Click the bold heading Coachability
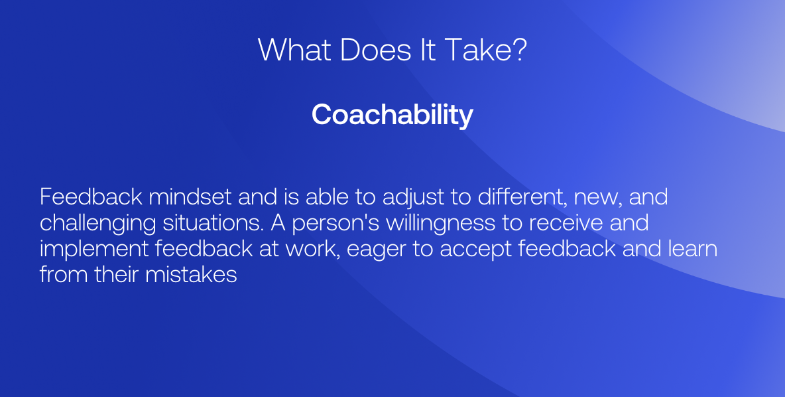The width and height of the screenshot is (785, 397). pyautogui.click(x=392, y=115)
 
